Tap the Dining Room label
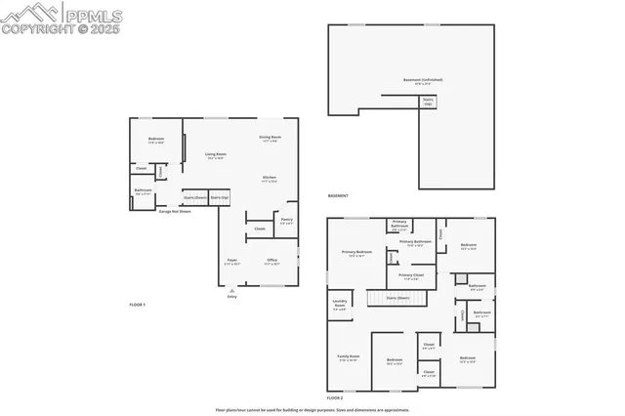pyautogui.click(x=270, y=138)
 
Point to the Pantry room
pyautogui.click(x=287, y=221)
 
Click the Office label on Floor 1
pyautogui.click(x=271, y=262)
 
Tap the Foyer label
pyautogui.click(x=231, y=262)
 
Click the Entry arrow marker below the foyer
pyautogui.click(x=231, y=291)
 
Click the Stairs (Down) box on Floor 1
pyautogui.click(x=194, y=197)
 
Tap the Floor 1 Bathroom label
pyautogui.click(x=143, y=190)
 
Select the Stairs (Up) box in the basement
pyautogui.click(x=428, y=101)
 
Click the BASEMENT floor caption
pyautogui.click(x=338, y=195)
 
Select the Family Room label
pyautogui.click(x=349, y=358)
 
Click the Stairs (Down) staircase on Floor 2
pyautogui.click(x=396, y=297)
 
